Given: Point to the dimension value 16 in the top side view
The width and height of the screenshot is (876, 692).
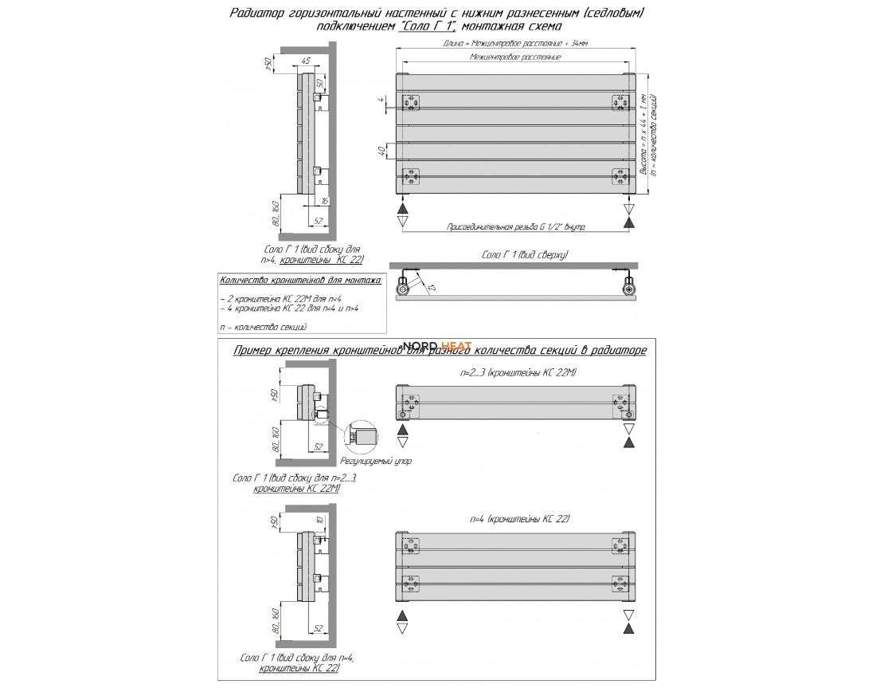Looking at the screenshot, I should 326,200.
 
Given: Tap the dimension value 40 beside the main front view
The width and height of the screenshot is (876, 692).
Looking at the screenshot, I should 383,149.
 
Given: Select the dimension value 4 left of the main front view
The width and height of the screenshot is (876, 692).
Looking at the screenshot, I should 383,102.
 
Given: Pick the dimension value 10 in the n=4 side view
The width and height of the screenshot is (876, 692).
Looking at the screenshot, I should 319,521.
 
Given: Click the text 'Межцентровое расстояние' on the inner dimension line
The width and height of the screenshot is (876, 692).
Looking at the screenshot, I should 517,58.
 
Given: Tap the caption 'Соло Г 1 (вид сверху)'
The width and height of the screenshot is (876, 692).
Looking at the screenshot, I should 524,254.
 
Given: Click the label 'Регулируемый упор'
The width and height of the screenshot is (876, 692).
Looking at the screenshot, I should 375,461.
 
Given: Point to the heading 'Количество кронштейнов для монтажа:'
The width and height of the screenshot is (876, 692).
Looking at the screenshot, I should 299,280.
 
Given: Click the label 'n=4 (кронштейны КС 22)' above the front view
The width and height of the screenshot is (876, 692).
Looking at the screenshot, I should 520,518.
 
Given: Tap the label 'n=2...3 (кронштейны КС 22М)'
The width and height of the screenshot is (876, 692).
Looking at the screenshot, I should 518,372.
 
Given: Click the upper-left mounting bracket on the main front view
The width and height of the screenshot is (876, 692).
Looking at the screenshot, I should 411,104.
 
